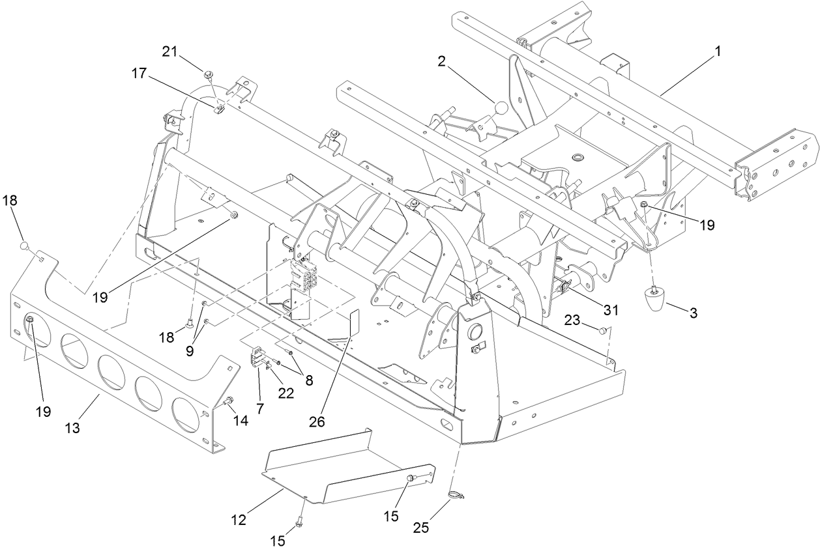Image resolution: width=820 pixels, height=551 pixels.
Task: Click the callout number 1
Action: click(718, 51)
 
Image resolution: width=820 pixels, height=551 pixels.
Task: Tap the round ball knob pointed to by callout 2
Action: click(501, 107)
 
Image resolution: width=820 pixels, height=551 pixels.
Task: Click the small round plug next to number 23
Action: click(604, 331)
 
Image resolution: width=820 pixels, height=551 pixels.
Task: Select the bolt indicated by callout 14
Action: click(229, 402)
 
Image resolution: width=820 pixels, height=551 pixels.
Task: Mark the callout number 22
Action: click(285, 393)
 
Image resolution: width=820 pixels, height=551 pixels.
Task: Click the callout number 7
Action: click(261, 408)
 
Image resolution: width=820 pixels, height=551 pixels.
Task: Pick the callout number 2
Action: click(441, 61)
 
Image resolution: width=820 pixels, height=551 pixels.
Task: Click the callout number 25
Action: click(421, 527)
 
